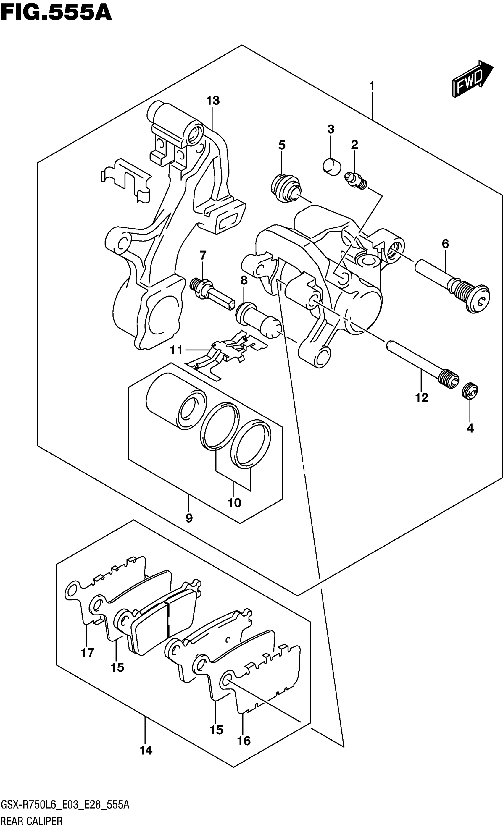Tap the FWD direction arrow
[472, 79]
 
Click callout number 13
[213, 101]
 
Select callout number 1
[372, 86]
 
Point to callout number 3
[331, 129]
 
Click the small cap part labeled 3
[332, 166]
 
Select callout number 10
[234, 503]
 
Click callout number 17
[87, 653]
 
